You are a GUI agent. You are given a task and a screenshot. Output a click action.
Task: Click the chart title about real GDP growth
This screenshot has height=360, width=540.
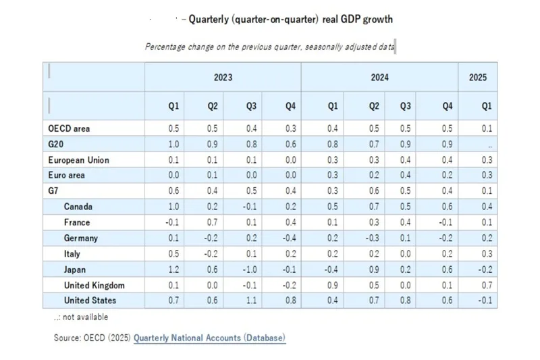pos(290,19)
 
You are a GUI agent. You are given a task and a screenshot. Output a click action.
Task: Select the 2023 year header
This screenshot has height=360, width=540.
pos(223,78)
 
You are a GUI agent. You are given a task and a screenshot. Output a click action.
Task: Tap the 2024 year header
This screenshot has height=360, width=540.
pos(379,78)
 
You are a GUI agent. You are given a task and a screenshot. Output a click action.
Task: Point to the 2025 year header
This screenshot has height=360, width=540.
pos(477,78)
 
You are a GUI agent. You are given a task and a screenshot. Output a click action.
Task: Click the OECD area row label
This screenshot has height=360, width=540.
pos(69,128)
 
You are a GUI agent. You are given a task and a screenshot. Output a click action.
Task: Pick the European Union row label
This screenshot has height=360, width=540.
pos(78,160)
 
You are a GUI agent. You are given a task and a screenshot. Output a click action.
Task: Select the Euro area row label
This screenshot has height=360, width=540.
pos(66,176)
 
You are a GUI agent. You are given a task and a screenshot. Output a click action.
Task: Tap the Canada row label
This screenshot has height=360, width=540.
pos(78,207)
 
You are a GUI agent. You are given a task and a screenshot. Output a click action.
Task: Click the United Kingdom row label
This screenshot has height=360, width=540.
pos(94,285)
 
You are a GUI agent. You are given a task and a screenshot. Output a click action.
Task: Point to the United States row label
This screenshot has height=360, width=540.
pos(90,301)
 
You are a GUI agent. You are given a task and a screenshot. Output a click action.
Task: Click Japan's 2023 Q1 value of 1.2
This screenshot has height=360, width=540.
pos(173,269)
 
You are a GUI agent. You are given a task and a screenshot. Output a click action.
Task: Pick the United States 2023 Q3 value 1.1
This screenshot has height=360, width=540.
pos(252,301)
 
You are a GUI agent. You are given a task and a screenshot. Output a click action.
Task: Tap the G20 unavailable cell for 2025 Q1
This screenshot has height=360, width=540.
pos(489,145)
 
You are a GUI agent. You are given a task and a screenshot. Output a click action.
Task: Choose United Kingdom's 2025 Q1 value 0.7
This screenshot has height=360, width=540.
pos(486,285)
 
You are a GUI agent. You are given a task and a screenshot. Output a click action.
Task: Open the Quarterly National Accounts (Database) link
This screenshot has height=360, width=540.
pos(209,337)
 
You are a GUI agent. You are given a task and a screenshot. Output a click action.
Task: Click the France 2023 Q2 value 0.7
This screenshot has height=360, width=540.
pos(213,222)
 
